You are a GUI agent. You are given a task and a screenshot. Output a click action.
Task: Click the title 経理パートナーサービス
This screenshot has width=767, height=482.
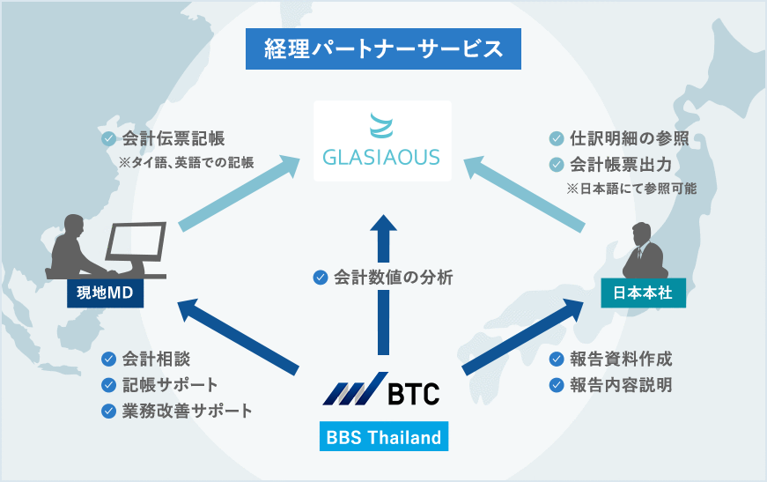click(x=384, y=49)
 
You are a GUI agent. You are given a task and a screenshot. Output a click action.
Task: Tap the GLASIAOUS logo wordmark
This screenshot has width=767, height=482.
click(x=381, y=157)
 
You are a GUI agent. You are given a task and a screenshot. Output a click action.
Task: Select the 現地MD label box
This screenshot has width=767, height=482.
click(x=105, y=293)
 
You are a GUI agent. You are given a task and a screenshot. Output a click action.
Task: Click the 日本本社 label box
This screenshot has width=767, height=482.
click(x=643, y=293)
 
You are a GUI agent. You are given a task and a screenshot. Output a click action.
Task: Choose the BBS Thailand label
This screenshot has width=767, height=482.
click(x=384, y=436)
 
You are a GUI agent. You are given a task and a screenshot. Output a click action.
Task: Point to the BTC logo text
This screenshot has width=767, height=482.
click(x=414, y=393)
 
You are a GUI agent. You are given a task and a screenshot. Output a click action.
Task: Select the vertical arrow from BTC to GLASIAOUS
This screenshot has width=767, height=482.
click(x=384, y=285)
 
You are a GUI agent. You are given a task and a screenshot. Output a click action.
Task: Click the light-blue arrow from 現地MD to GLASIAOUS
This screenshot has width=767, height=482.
click(x=240, y=193)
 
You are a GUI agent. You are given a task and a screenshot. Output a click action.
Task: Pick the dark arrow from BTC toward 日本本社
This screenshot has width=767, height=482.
click(x=523, y=337)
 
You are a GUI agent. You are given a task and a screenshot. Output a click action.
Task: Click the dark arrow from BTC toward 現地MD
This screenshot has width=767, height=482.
click(x=239, y=337)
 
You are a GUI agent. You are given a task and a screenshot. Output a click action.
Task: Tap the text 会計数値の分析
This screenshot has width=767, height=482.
click(x=394, y=278)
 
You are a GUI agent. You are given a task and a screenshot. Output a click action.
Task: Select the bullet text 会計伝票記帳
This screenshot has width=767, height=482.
click(x=173, y=138)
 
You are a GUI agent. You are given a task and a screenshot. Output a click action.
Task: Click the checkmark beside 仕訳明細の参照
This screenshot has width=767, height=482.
click(x=557, y=139)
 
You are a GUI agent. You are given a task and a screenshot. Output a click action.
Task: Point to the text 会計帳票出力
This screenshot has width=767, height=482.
click(x=621, y=165)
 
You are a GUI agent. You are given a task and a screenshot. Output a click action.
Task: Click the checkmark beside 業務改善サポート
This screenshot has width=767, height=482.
click(x=108, y=411)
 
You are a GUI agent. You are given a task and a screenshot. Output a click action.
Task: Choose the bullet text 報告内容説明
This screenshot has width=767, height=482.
click(x=621, y=385)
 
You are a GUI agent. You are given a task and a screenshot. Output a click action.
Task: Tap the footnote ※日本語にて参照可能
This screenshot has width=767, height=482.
click(x=631, y=189)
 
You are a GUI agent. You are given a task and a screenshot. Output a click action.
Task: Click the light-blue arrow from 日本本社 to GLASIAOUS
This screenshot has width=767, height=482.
click(x=524, y=193)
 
